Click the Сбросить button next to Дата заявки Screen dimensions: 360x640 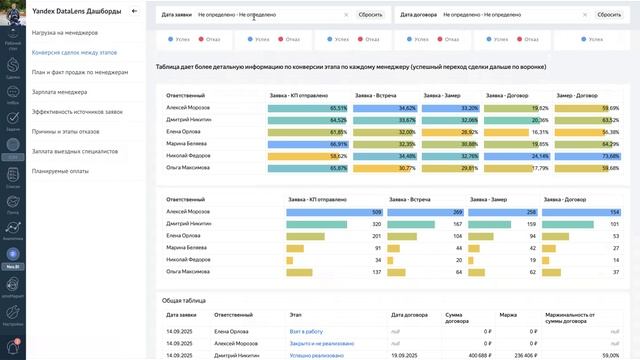click(370, 15)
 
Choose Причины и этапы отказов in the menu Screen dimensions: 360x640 click(70, 131)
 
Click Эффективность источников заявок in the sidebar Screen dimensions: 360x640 click(81, 111)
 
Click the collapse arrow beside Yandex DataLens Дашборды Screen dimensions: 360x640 click(134, 11)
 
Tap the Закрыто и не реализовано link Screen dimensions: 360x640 click(322, 341)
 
